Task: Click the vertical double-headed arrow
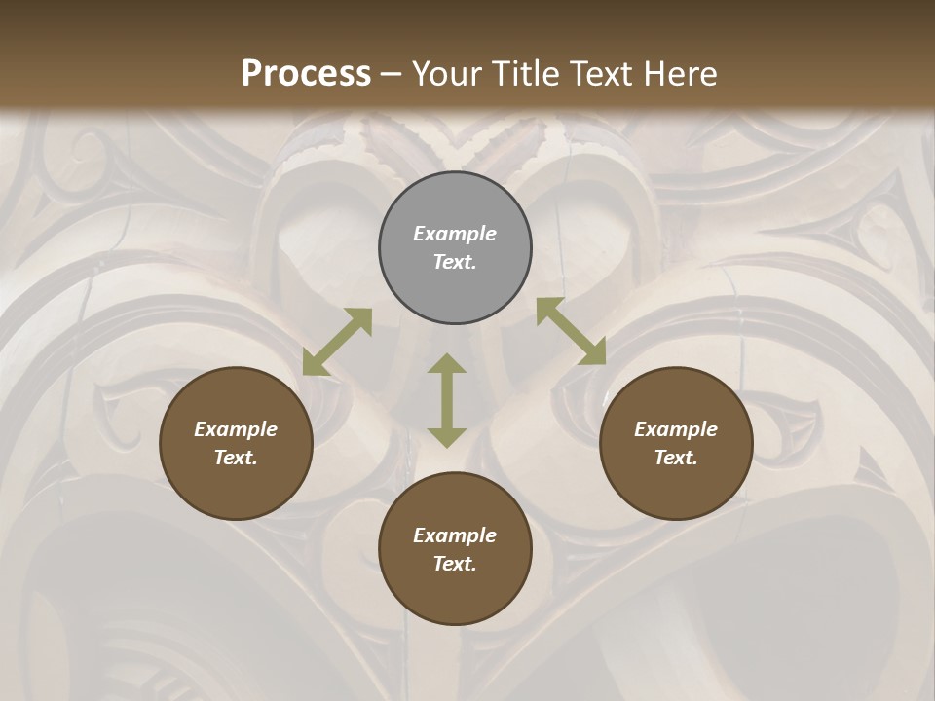447,400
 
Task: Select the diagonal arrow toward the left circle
337,342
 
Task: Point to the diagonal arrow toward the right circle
571,331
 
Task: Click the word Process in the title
306,74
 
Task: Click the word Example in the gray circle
455,234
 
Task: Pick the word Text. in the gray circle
455,262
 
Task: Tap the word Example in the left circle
236,429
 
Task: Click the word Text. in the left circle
236,458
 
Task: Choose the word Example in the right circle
676,429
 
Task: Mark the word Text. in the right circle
676,458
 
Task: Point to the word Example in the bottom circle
455,535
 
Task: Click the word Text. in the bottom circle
455,564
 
